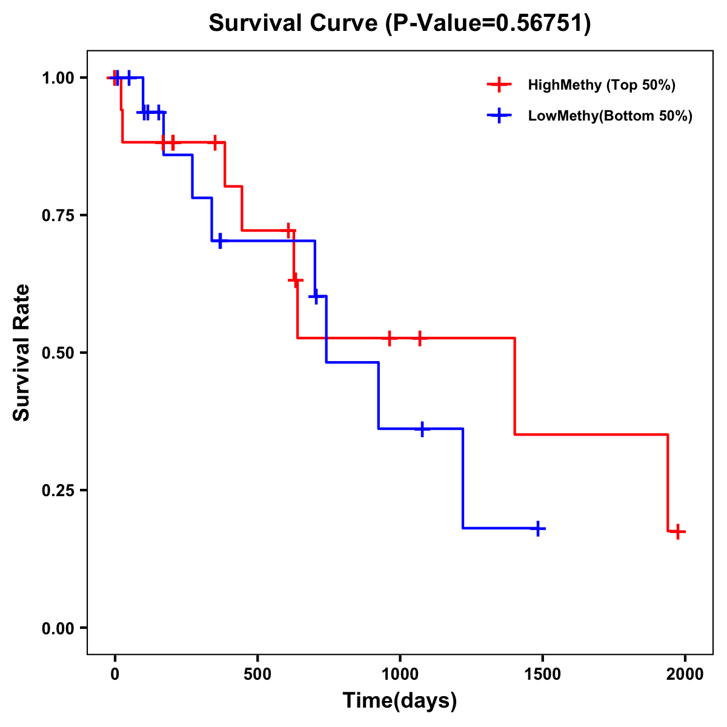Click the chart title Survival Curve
399,24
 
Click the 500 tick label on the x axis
257,674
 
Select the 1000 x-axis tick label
400,674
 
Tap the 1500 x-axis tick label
542,674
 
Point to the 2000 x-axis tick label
685,674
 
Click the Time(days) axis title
399,701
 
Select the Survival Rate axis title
22,353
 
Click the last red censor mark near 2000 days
678,532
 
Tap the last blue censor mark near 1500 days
537,529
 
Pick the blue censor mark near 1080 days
422,429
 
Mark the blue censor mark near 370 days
220,241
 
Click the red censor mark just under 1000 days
390,338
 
